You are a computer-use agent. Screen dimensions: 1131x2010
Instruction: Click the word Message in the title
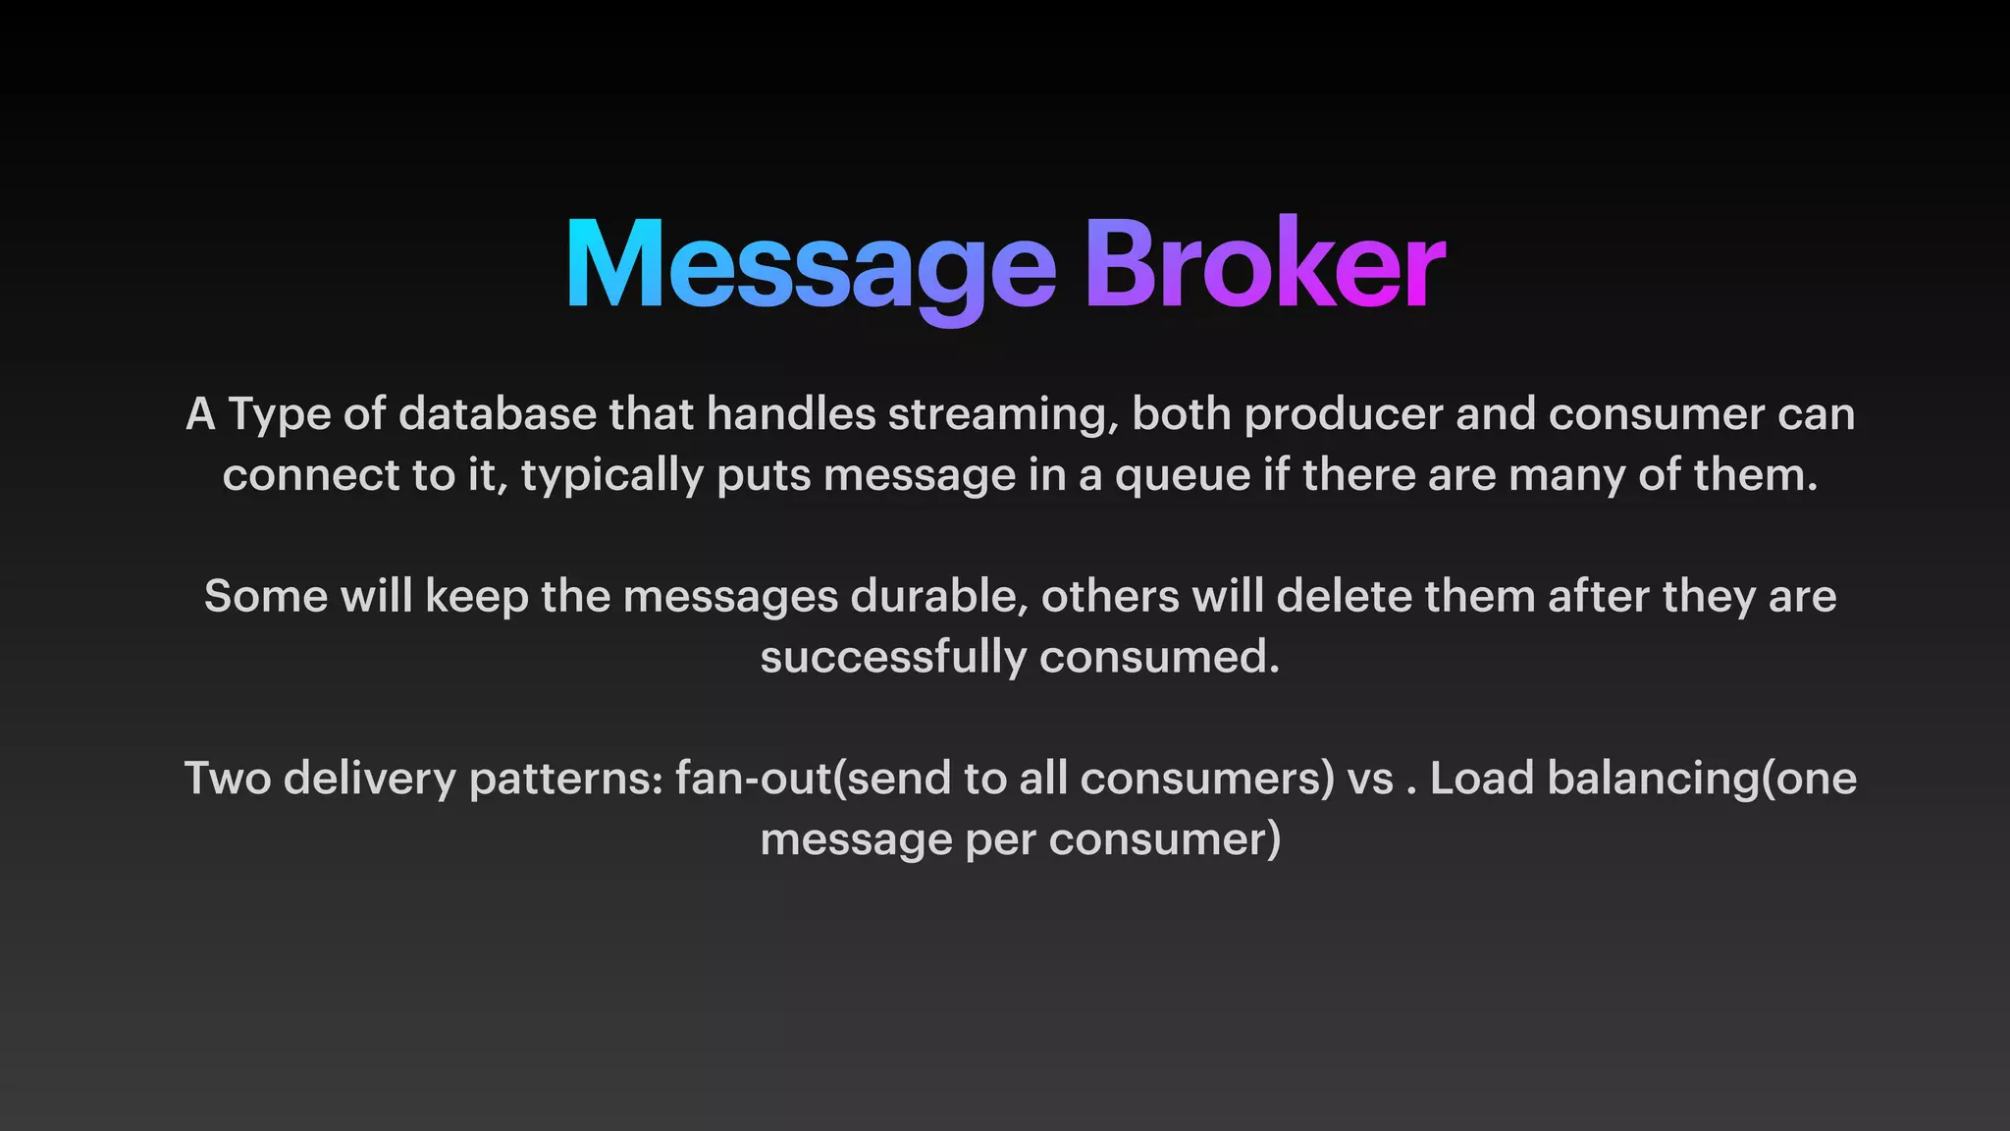point(811,265)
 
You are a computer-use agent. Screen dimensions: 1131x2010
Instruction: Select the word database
point(498,414)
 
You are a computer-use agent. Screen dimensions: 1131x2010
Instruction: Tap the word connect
point(310,476)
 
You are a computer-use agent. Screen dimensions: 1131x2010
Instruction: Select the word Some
point(265,597)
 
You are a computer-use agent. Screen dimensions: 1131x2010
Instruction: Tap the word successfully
point(892,658)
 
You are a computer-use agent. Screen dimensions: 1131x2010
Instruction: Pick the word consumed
point(1159,658)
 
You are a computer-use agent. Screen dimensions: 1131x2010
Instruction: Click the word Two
point(227,780)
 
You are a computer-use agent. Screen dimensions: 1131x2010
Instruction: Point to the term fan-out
point(753,780)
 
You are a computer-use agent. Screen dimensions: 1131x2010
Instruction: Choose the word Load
point(1482,780)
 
